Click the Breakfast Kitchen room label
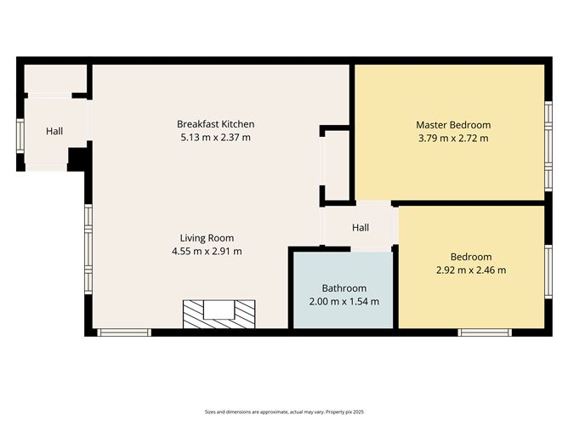215,124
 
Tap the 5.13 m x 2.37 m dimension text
215,137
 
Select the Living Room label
207,238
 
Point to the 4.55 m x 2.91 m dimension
207,251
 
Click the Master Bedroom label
453,125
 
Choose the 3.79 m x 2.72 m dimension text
453,138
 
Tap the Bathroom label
344,288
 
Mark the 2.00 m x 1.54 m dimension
344,301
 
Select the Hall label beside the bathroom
361,228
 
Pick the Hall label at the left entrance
54,131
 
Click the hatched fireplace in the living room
219,314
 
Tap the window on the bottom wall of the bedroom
484,332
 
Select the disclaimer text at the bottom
283,411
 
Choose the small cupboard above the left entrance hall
54,78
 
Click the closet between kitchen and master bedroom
337,167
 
